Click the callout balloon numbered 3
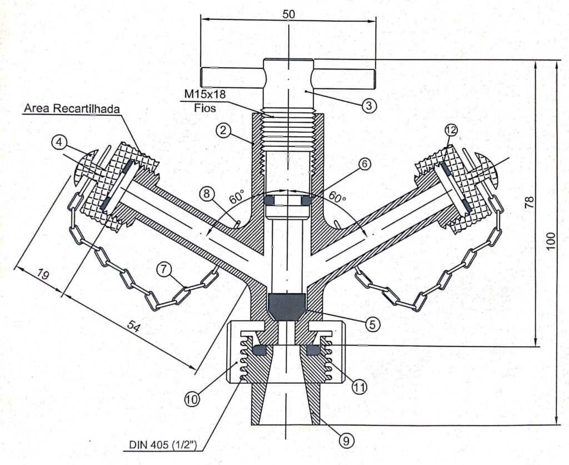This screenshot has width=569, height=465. tap(369, 105)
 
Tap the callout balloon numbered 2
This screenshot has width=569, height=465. tap(222, 131)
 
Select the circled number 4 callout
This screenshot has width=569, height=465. tap(60, 142)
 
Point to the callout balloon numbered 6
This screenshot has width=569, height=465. tap(364, 164)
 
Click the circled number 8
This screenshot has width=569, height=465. tap(207, 194)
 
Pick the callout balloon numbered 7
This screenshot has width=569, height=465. tap(163, 269)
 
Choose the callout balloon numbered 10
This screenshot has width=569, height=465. tap(192, 398)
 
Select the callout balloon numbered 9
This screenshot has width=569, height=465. tap(346, 441)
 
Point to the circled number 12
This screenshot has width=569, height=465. tap(451, 130)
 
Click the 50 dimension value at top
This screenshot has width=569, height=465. tap(288, 14)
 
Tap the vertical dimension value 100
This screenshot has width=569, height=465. tap(551, 241)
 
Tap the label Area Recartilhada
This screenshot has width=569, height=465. tap(72, 108)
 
